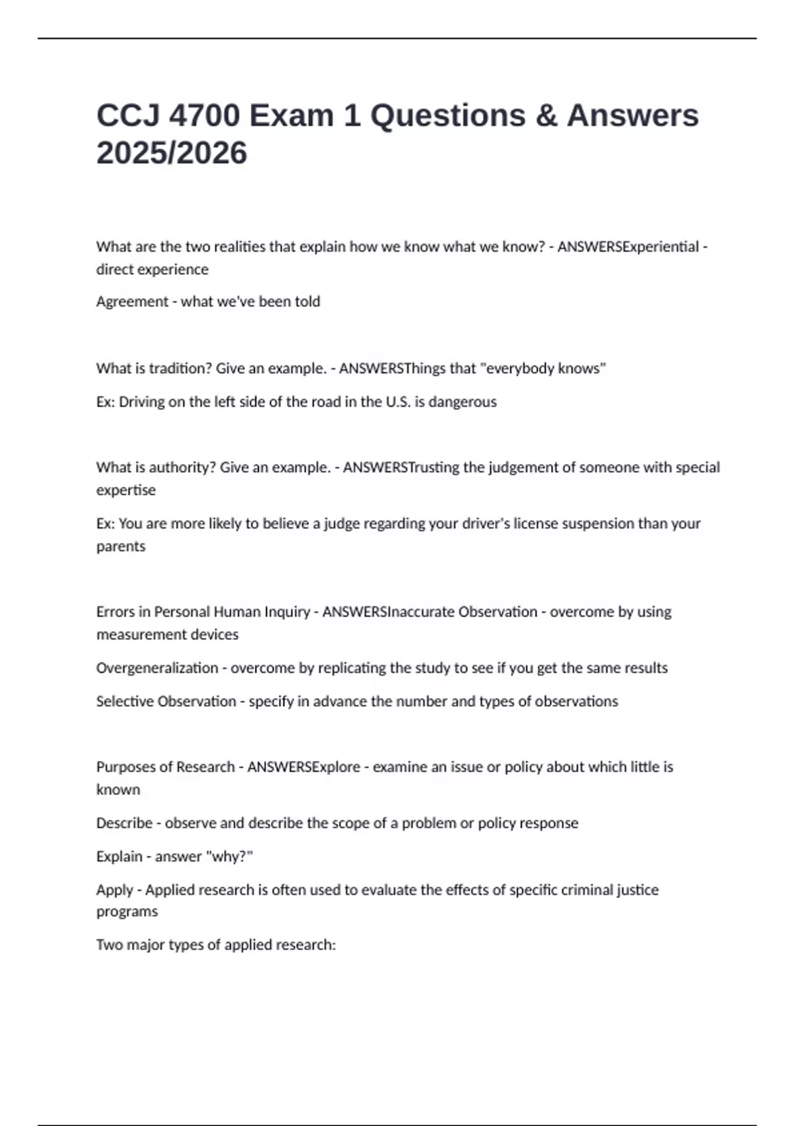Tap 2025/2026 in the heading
pos(172,153)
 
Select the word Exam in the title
pos(291,116)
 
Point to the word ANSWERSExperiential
pos(628,247)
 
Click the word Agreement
pos(132,302)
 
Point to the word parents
pos(121,547)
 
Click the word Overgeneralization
pos(157,668)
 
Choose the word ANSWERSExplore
pos(303,767)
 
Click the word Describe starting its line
pos(125,823)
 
